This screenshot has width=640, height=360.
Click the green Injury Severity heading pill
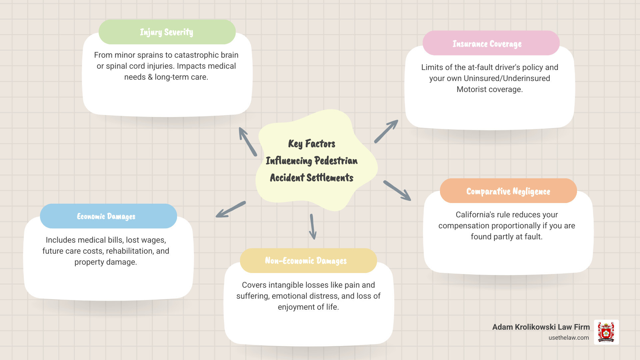click(x=167, y=32)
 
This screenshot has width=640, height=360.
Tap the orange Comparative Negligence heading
click(x=508, y=191)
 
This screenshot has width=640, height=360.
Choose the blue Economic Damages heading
click(x=106, y=216)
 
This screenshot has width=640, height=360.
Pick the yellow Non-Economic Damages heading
click(x=306, y=261)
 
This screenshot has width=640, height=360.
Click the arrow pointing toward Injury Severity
click(x=247, y=141)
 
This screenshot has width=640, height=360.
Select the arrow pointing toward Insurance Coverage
click(x=386, y=131)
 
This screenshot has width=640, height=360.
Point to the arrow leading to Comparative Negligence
click(x=397, y=191)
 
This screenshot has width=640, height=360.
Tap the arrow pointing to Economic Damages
click(x=230, y=209)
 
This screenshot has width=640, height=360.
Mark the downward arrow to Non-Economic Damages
click(x=312, y=227)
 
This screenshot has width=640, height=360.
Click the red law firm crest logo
click(x=606, y=332)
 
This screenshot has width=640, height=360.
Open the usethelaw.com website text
click(x=568, y=338)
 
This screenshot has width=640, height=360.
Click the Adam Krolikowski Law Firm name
click(x=541, y=327)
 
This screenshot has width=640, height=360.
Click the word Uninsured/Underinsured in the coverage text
click(x=507, y=78)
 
